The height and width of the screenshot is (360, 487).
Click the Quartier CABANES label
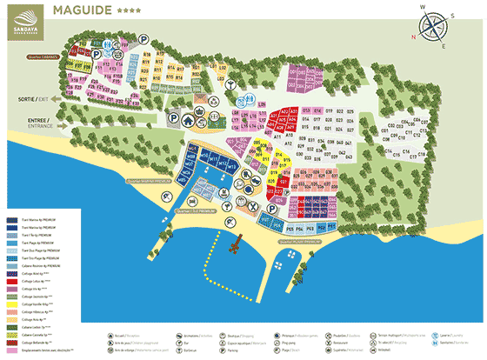43,57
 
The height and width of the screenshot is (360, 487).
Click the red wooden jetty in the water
234,247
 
